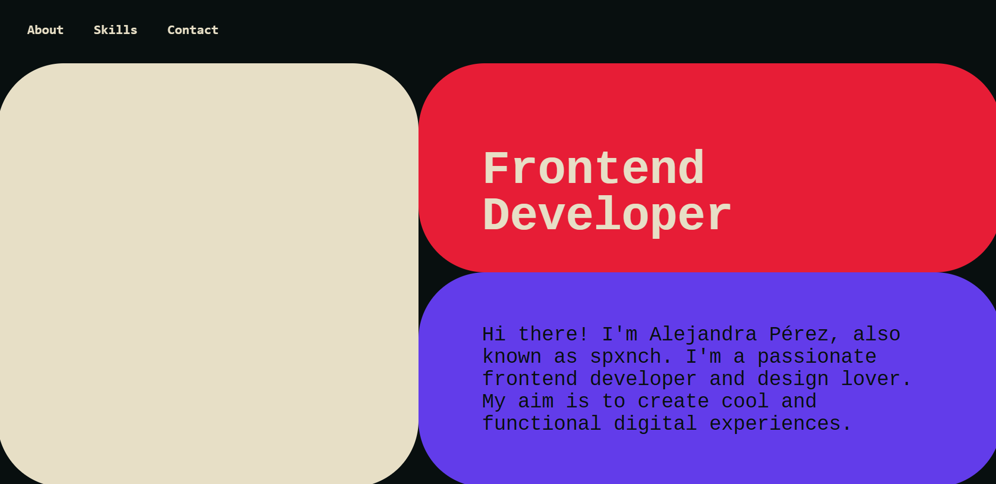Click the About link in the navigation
click(45, 30)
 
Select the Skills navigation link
click(115, 30)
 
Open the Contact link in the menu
click(192, 30)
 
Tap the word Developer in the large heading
click(607, 214)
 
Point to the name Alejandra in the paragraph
click(703, 335)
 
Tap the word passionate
click(817, 357)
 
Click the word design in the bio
click(793, 379)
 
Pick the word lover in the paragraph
click(876, 379)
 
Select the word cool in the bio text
click(745, 402)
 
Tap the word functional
click(541, 424)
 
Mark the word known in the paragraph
click(512, 357)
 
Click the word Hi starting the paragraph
click(494, 335)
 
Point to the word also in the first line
click(876, 335)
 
